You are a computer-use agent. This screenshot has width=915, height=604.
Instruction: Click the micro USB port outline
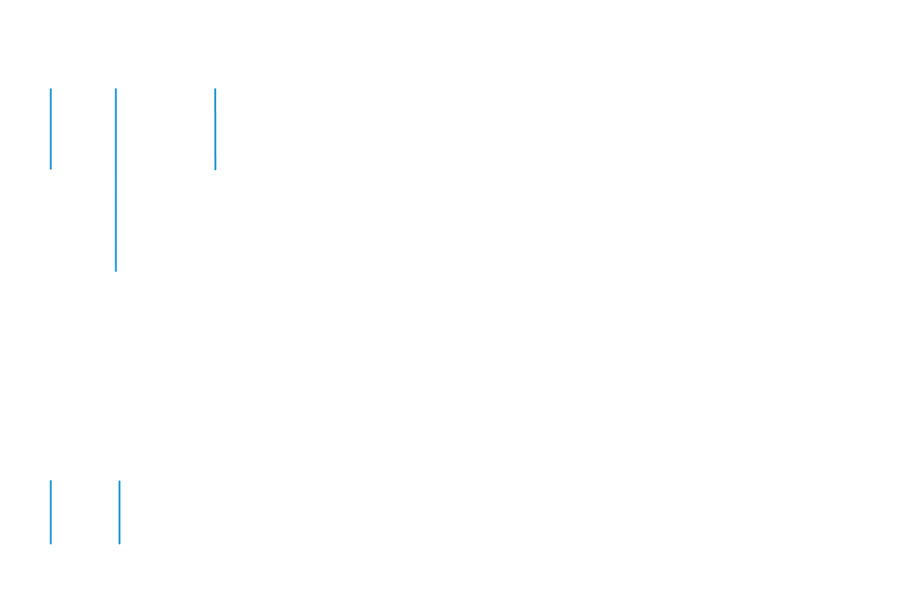coord(215,174)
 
